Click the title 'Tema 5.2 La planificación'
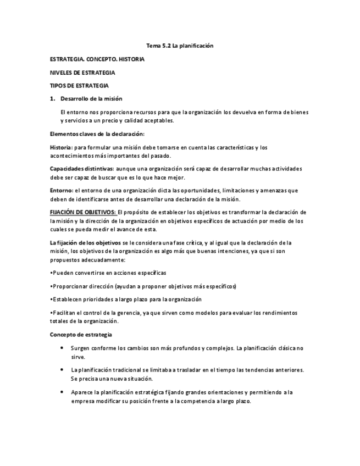180,46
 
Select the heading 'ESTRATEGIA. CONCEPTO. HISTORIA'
97,59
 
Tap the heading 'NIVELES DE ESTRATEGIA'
82,72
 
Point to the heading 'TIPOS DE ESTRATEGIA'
79,85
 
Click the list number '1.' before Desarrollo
53,98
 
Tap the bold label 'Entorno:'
62,190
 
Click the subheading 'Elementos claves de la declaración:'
97,134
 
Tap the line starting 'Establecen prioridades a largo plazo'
126,299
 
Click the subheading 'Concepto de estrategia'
81,335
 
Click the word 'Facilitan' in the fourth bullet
65,313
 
